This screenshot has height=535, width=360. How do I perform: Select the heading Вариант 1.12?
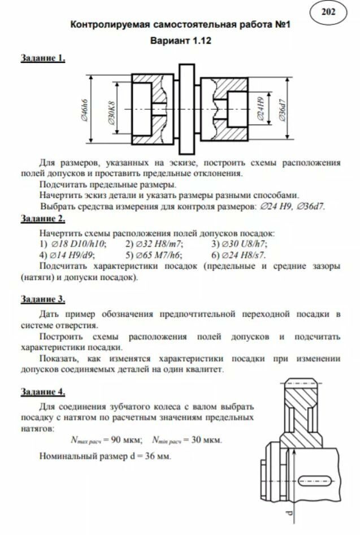tap(180, 41)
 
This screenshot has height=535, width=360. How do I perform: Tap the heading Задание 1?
tap(43, 58)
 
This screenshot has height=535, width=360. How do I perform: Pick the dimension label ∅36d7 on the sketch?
tap(282, 109)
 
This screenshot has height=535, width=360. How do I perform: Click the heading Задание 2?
tap(43, 218)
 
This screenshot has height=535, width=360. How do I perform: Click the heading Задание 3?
tap(43, 299)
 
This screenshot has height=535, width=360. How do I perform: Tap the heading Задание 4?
tap(43, 391)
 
